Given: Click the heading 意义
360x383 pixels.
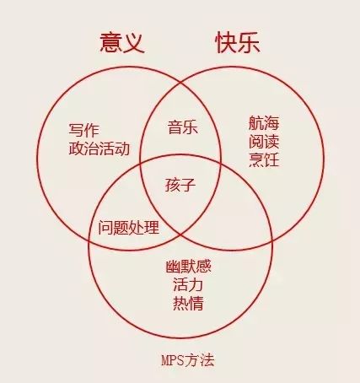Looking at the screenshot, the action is click(x=122, y=43).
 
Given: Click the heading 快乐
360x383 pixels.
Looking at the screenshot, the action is click(x=238, y=43).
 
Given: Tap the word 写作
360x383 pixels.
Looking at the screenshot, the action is click(x=83, y=130).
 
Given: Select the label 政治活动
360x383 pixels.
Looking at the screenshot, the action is click(x=99, y=148).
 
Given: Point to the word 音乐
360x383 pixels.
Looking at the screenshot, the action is click(x=183, y=127).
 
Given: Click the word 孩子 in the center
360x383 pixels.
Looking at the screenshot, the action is click(x=180, y=185).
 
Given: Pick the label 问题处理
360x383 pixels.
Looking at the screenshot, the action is click(x=129, y=227).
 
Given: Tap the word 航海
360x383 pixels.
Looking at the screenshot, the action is click(x=264, y=123).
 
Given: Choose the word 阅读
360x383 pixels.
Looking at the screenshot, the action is click(x=264, y=141).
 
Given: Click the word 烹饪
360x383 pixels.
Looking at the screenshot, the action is click(x=264, y=159).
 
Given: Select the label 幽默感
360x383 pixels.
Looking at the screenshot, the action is click(x=188, y=267).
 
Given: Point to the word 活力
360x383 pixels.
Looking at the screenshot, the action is click(x=188, y=284).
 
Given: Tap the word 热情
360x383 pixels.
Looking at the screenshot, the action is click(x=188, y=303).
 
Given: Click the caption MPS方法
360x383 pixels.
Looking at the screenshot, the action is click(x=188, y=360).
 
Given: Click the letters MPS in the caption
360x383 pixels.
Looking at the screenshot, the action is click(x=172, y=360).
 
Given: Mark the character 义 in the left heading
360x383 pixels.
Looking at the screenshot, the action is click(x=134, y=43).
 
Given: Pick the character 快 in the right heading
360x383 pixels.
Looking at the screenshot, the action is click(x=226, y=43).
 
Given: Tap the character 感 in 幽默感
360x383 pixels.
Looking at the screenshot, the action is click(x=204, y=267).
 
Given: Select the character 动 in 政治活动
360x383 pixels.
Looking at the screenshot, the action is click(x=122, y=148).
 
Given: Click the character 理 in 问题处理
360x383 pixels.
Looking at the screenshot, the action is click(x=152, y=227).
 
